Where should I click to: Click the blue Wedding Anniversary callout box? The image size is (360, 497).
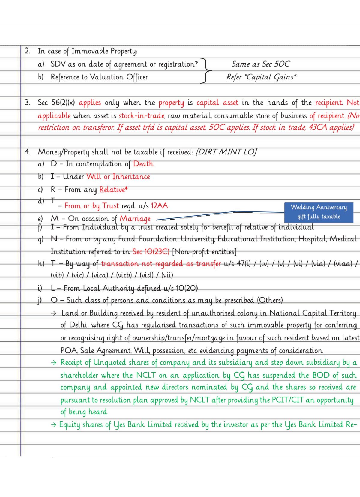click(319, 212)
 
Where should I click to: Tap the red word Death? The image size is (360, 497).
click(143, 164)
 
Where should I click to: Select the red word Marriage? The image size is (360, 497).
click(135, 219)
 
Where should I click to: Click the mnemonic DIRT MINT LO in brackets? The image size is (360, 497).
click(226, 152)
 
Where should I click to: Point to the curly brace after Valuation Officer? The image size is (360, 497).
click(206, 71)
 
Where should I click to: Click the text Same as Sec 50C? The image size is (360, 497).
click(260, 64)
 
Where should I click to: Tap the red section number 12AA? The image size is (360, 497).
click(159, 206)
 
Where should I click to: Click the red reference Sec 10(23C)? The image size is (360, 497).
click(151, 251)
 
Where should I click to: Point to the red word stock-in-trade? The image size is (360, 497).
click(142, 116)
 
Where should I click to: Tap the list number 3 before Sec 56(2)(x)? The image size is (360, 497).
click(27, 103)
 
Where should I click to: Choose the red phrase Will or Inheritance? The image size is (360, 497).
click(118, 177)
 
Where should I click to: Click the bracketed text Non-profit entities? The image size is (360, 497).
click(204, 251)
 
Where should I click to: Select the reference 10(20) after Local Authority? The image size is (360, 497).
click(187, 288)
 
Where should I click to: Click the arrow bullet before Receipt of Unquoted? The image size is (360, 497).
click(54, 363)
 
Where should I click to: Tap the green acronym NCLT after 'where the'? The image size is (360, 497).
click(146, 375)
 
